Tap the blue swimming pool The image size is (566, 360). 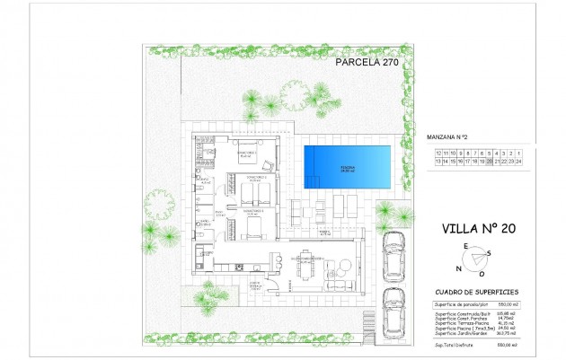pos(347,167)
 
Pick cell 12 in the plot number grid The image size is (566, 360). pos(438,154)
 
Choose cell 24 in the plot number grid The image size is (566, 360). pos(518,162)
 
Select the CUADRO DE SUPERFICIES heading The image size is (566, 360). pos(474,293)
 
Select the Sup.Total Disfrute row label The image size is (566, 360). pos(454,344)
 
